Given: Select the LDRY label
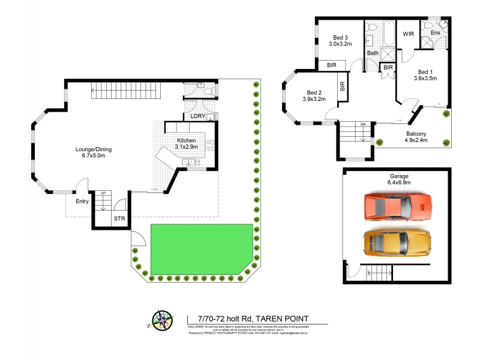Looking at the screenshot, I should (x=198, y=116).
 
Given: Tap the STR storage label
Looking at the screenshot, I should (x=119, y=220).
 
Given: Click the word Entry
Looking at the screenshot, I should (x=82, y=201).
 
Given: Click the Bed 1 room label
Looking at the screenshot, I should (x=425, y=74).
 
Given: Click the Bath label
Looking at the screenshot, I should (x=373, y=53).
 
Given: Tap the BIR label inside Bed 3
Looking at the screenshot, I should (x=331, y=65).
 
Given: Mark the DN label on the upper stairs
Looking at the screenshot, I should (x=362, y=125).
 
